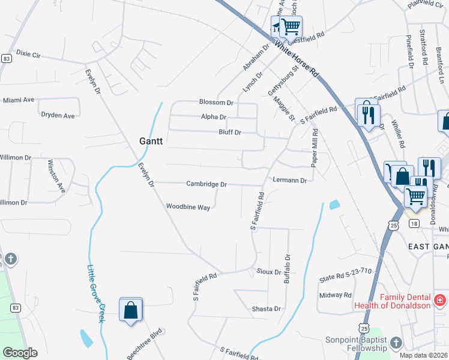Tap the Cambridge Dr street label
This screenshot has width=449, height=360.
[206, 184]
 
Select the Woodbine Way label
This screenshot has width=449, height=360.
[188, 207]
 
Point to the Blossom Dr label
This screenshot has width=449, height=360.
[216, 103]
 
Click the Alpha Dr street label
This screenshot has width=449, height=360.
[214, 117]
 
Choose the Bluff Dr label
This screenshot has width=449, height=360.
[229, 132]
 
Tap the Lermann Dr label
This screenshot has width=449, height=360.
[289, 180]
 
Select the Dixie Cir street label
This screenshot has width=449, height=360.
[28, 53]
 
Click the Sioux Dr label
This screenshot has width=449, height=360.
[269, 271]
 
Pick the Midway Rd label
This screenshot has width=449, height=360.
[335, 295]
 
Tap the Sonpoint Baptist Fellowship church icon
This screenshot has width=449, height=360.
[395, 343]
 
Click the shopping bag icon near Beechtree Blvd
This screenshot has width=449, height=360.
[130, 310]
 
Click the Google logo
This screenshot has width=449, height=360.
[20, 353]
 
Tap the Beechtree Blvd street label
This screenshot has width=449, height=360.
[145, 344]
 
